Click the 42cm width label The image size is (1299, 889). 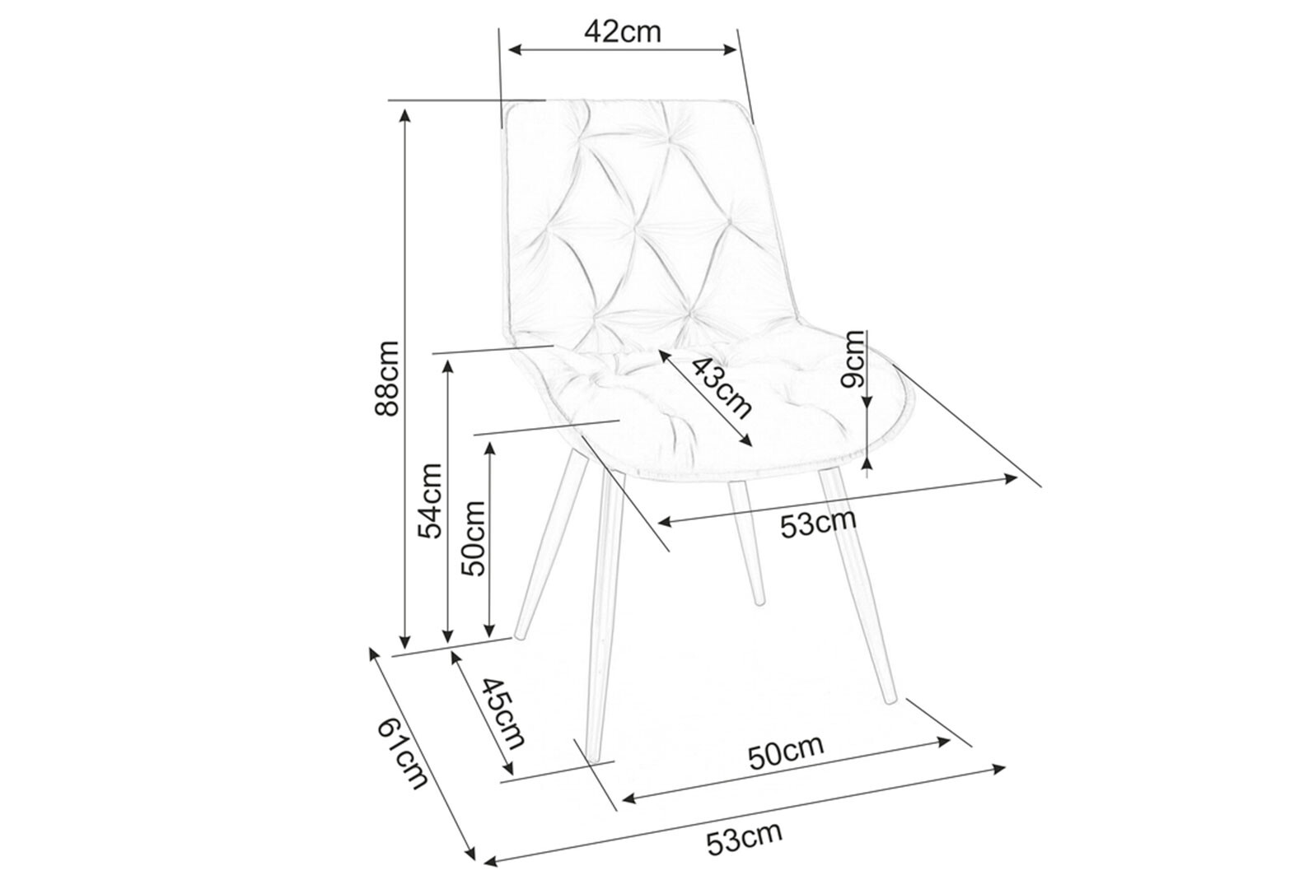[622, 31]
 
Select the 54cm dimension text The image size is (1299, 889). [429, 500]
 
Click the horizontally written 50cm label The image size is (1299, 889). [785, 752]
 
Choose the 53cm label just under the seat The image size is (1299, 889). [818, 524]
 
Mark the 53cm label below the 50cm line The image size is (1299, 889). [743, 839]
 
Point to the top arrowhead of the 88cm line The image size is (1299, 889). [404, 115]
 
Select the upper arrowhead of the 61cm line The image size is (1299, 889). [373, 654]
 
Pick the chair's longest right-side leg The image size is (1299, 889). [857, 584]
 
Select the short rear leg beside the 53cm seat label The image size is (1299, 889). [746, 543]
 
